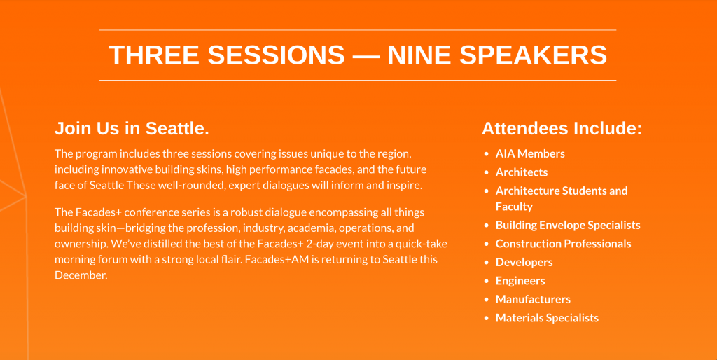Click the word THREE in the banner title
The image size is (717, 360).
(153, 55)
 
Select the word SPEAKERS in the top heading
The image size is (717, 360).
(533, 55)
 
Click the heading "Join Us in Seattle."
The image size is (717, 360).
(132, 129)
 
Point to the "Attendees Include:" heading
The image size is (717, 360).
(562, 129)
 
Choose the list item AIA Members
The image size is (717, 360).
(530, 153)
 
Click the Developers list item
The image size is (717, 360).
(524, 263)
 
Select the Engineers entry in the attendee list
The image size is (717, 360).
(520, 281)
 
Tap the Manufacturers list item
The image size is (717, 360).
(533, 299)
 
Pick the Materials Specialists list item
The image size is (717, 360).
(547, 318)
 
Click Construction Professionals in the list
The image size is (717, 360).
(564, 244)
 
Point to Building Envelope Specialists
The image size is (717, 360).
(568, 226)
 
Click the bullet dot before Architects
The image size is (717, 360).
(487, 173)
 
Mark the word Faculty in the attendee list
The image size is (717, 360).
(514, 207)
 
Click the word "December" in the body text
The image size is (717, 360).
(80, 275)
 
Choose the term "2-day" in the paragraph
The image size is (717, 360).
(321, 244)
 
